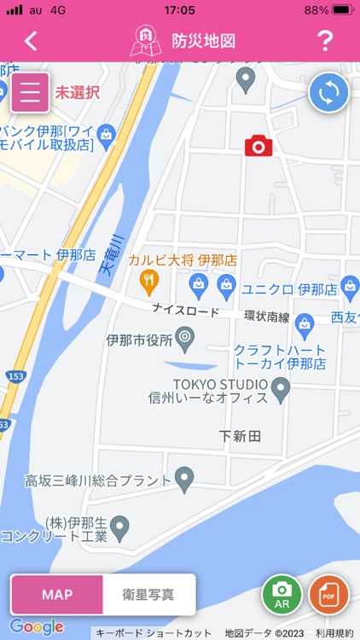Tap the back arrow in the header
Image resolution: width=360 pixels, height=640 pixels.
(x=32, y=41)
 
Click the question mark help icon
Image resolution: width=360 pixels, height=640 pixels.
(x=324, y=41)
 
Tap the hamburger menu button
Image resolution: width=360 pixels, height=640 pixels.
(x=31, y=93)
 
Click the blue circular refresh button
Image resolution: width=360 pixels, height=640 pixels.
(x=328, y=92)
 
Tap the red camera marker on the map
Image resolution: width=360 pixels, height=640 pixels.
(x=258, y=146)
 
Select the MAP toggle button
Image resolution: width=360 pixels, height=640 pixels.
(x=57, y=595)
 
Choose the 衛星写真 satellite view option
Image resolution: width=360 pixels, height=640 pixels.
(x=148, y=595)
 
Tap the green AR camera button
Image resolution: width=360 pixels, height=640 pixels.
(x=282, y=594)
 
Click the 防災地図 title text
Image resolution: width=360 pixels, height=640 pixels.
(x=203, y=41)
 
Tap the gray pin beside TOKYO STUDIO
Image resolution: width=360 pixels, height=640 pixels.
(x=281, y=393)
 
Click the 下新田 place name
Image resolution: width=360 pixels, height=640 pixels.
(x=240, y=436)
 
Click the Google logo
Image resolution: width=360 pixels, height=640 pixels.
(x=36, y=627)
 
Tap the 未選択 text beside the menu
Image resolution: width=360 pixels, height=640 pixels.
(x=78, y=92)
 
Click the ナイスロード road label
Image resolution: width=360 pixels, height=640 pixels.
(x=185, y=311)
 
